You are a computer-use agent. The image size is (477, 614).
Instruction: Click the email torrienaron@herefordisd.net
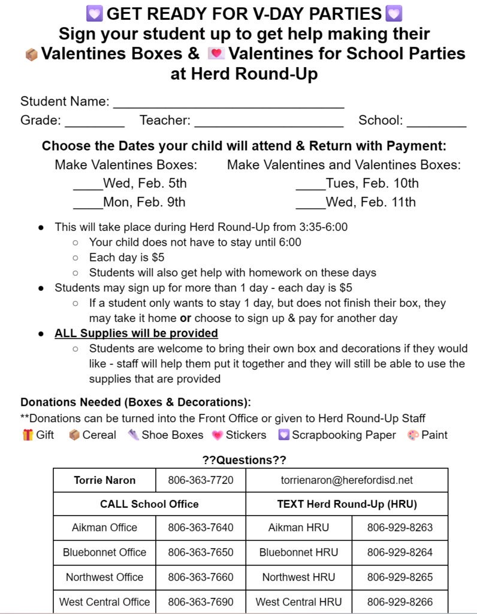pyautogui.click(x=346, y=480)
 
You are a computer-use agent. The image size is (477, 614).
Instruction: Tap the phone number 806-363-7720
pyautogui.click(x=201, y=480)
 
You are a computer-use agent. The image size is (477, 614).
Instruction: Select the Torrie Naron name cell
pyautogui.click(x=105, y=480)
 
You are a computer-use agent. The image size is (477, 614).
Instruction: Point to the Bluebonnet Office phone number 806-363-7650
pyautogui.click(x=201, y=552)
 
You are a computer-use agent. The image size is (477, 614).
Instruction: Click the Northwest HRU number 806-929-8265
pyautogui.click(x=400, y=577)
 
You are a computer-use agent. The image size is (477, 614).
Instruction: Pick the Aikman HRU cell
pyautogui.click(x=298, y=528)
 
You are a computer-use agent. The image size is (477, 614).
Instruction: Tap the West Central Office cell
pyautogui.click(x=105, y=601)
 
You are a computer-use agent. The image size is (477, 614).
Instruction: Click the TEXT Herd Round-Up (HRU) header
pyautogui.click(x=346, y=504)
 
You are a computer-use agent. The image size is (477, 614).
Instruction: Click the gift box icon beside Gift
pyautogui.click(x=28, y=435)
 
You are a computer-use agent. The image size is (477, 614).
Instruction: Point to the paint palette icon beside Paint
pyautogui.click(x=413, y=435)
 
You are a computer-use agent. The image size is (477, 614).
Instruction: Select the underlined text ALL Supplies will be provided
pyautogui.click(x=136, y=333)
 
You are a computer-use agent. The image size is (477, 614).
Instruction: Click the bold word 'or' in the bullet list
pyautogui.click(x=185, y=318)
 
